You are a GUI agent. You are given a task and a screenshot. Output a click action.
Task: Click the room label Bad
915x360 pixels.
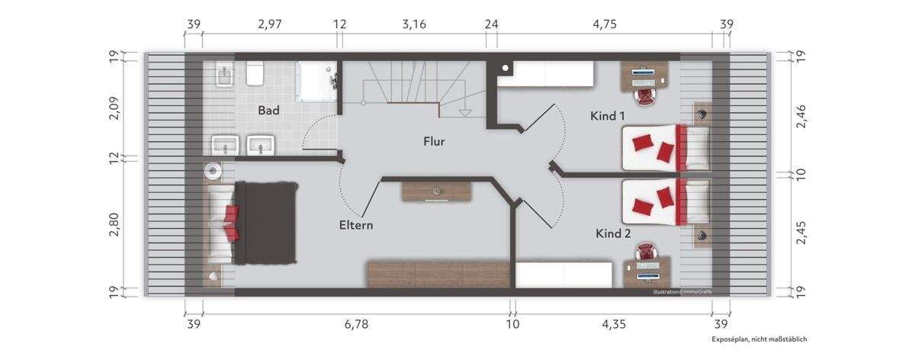tap(268, 111)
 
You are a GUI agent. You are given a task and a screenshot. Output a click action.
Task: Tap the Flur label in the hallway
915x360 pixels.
tap(434, 141)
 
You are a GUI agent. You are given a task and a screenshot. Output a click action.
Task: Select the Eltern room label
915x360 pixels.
tap(356, 225)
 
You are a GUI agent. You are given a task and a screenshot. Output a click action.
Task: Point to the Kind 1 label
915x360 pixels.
tap(608, 116)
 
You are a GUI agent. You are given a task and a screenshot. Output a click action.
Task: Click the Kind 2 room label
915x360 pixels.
tap(613, 233)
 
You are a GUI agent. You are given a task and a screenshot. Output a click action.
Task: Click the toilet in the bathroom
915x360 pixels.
tap(255, 73)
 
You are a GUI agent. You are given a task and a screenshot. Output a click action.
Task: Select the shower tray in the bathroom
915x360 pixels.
tap(316, 81)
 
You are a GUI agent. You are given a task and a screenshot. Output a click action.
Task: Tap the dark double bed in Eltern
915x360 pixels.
tap(265, 223)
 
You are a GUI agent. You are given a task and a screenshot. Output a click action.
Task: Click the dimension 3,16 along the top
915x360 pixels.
tap(414, 24)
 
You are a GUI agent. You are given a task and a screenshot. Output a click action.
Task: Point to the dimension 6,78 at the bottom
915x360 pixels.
tap(356, 324)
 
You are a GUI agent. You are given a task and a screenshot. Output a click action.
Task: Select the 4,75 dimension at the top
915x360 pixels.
tap(605, 24)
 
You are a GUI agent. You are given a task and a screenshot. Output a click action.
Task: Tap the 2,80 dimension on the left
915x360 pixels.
tap(114, 224)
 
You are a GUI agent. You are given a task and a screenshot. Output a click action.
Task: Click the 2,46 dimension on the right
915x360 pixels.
tap(801, 117)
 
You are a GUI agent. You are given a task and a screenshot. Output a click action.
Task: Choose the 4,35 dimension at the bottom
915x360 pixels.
tap(614, 324)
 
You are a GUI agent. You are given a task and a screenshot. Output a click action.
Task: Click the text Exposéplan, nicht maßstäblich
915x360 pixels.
tap(759, 339)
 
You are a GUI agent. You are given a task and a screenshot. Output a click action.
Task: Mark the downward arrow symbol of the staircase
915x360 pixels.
tap(465, 113)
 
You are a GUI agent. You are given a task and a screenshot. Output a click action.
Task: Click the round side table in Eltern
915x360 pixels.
tap(213, 170)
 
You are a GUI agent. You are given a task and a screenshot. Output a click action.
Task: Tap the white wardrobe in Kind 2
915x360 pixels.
tap(564, 275)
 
